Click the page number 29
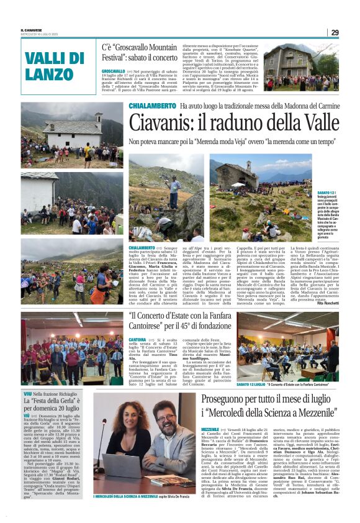tap(334, 32)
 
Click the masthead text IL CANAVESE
tap(30, 29)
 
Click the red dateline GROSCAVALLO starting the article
tap(114, 71)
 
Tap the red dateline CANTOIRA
tap(137, 340)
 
